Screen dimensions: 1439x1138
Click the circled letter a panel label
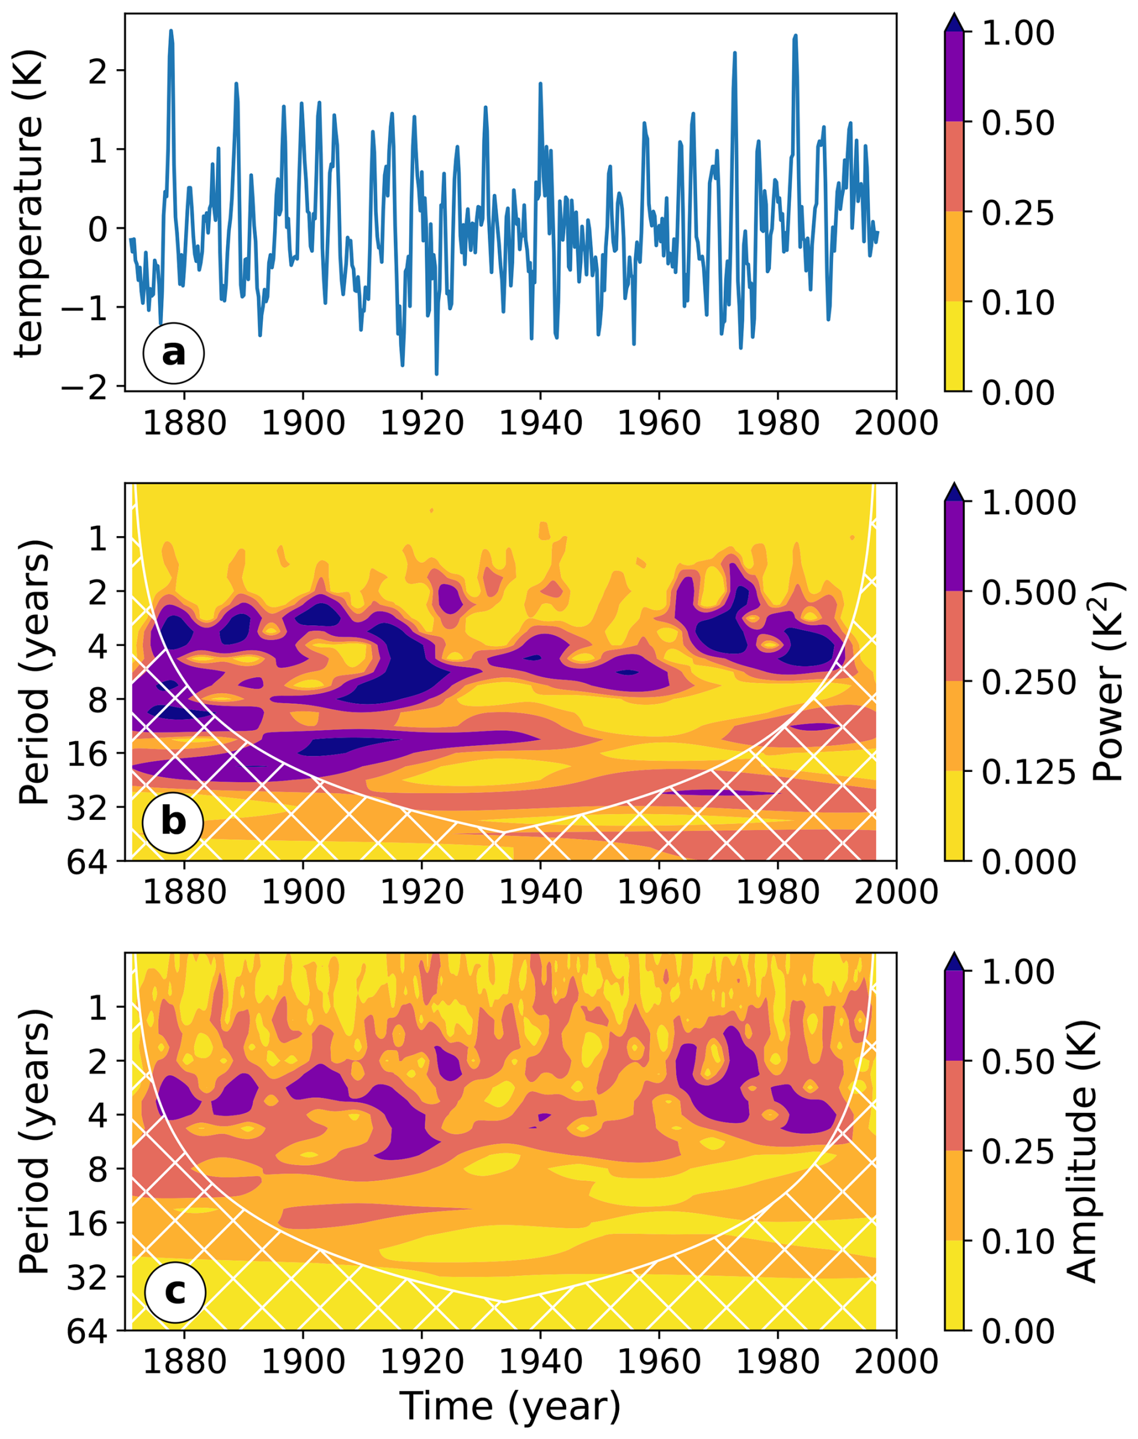coord(173,353)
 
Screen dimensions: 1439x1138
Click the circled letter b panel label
coord(173,821)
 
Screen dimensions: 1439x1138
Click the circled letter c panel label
coord(174,1291)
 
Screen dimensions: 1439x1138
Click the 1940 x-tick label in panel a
coord(540,422)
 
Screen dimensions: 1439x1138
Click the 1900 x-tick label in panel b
coord(303,892)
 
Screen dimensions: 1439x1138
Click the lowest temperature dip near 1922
coord(437,374)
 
